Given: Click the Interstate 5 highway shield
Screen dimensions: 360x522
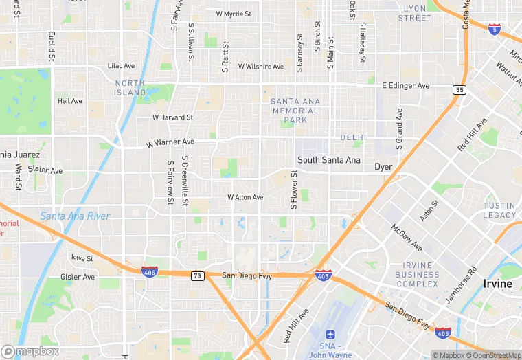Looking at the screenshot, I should point(495,29).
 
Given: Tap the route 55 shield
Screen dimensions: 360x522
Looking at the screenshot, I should point(459,90).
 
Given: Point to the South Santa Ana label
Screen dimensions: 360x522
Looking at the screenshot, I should point(328,160).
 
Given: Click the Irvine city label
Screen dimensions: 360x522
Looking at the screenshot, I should point(497,284).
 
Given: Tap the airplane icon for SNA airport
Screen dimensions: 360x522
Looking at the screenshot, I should point(330,334).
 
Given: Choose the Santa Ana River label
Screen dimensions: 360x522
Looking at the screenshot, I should point(75,216).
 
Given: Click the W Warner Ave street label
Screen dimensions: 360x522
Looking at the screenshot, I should point(170,142).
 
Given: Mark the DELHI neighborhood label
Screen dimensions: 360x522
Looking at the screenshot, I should point(353,137).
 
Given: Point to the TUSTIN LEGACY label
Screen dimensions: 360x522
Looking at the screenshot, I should point(499,210).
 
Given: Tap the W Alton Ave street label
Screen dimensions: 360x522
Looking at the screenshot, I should point(245,197).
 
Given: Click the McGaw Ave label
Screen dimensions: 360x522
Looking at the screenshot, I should point(407,237).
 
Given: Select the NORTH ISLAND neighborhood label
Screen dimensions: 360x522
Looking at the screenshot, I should point(130,87).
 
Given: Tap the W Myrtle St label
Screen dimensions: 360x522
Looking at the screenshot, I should point(234,14).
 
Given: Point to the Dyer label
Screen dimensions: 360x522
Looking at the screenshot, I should point(383,167).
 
